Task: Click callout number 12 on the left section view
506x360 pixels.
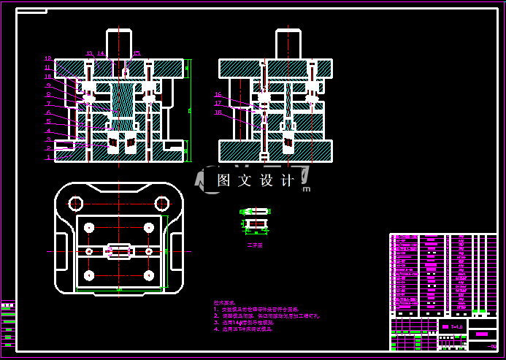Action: coord(48,58)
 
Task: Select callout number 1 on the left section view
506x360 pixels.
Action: coord(48,156)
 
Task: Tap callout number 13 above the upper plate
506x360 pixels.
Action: coord(90,53)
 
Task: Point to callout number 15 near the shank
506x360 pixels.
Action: coord(137,53)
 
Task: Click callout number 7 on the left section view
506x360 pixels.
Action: coord(48,104)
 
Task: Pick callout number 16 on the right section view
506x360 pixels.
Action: coord(218,95)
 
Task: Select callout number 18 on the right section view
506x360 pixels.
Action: coord(218,112)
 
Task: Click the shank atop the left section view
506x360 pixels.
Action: coord(119,43)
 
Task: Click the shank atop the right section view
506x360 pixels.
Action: coord(288,43)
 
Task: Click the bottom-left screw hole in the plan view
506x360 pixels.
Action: coord(89,275)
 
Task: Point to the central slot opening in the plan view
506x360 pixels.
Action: coord(119,251)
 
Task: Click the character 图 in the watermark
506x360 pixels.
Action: coord(224,180)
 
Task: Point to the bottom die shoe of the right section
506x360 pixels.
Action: coord(276,151)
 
